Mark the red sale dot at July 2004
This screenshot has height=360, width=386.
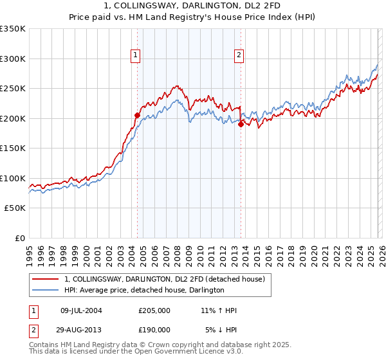[x=137, y=116]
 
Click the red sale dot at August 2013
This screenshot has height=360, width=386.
[x=241, y=125]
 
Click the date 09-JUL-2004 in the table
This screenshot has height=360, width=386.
[x=82, y=310]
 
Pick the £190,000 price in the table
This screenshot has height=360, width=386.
[x=154, y=329]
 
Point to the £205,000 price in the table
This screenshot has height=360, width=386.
[x=154, y=310]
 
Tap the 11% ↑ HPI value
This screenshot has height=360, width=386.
[x=219, y=310]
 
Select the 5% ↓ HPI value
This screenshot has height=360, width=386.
[x=221, y=329]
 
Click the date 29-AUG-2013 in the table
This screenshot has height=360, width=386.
[x=82, y=329]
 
